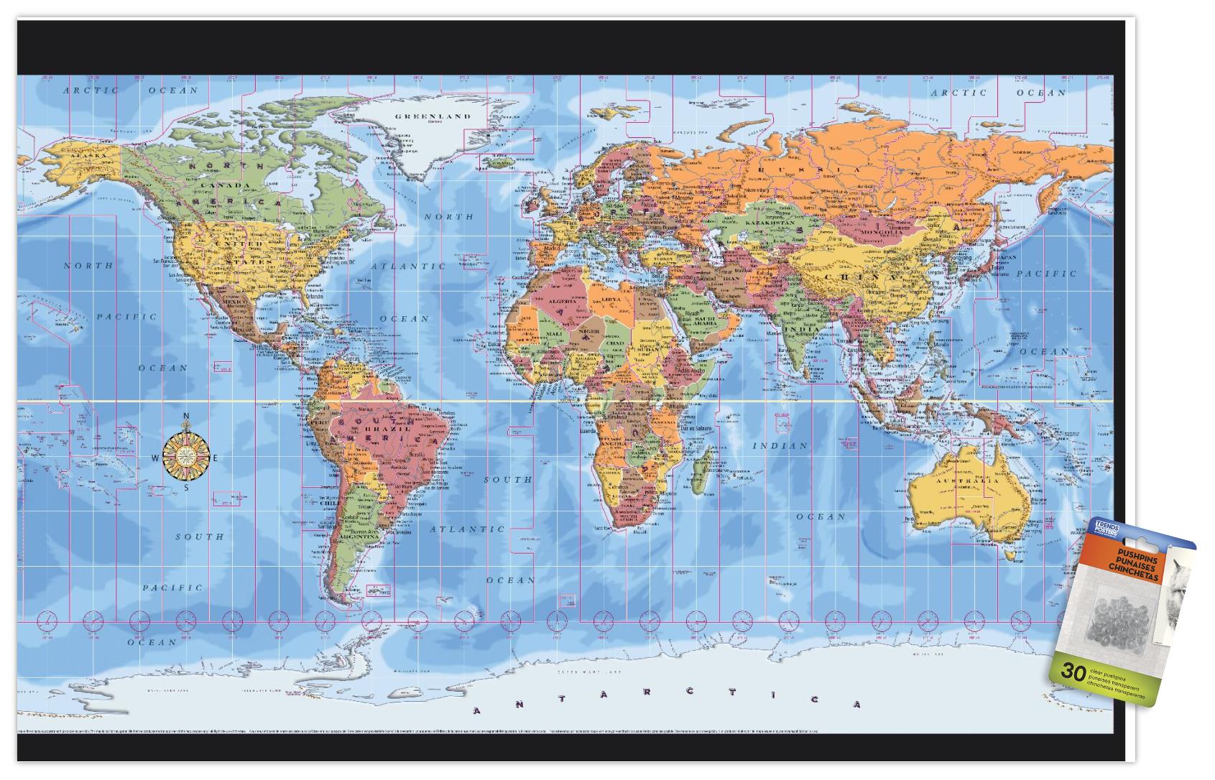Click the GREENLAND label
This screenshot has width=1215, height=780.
pyautogui.click(x=433, y=116)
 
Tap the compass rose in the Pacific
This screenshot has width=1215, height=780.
pyautogui.click(x=185, y=452)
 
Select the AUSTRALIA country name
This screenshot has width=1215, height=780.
pyautogui.click(x=966, y=480)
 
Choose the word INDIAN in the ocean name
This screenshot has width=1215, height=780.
pyautogui.click(x=780, y=446)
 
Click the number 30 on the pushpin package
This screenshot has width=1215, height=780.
pyautogui.click(x=1072, y=673)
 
